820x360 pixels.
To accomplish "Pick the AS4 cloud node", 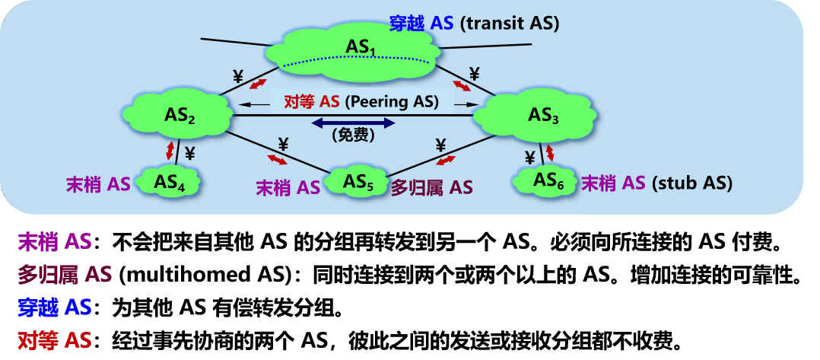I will coord(170,182).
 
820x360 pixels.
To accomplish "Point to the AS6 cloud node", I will coord(545,181).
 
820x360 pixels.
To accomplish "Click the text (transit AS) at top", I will coord(510,24).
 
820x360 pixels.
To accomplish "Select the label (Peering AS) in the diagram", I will coord(393,101).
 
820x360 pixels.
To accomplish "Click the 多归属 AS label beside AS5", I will coord(431,187).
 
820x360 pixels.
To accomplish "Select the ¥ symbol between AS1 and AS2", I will coord(237,76).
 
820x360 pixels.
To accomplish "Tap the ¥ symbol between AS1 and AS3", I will coord(474,74).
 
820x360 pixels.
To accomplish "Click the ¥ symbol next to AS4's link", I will coord(189,153).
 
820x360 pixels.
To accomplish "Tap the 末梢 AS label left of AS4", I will coord(98,183).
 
